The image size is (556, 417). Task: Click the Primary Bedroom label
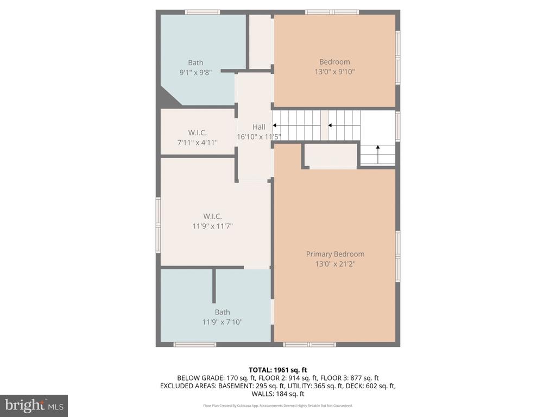pos(335,254)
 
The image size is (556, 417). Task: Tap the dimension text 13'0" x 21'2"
pos(335,264)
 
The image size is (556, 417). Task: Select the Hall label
pos(259,127)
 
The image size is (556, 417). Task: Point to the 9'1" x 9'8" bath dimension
pos(195,73)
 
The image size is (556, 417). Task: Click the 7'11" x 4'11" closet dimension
pos(197,143)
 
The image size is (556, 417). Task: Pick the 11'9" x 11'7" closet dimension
pos(212,226)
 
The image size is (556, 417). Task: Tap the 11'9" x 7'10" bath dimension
pos(222,322)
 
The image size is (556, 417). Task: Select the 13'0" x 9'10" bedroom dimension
pos(334,72)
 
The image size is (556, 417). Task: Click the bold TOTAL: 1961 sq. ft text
pos(277,370)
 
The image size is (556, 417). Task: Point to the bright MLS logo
pos(34,406)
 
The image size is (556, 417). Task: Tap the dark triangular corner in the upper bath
pos(168,97)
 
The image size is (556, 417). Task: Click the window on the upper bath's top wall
pos(203,12)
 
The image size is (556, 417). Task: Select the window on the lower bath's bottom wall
pos(195,344)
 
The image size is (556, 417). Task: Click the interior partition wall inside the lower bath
pos(214,286)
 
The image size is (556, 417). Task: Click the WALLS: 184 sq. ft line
pos(277,394)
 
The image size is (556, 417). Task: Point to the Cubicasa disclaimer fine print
pos(277,406)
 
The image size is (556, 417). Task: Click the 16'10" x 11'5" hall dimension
pos(259,136)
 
